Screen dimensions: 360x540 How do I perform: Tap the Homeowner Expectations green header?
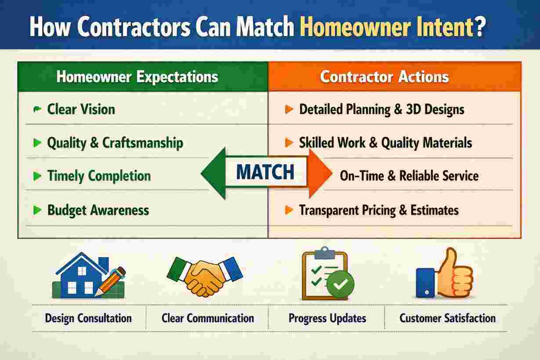138,77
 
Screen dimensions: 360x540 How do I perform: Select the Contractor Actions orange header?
384,77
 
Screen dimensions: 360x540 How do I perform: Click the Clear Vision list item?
81,109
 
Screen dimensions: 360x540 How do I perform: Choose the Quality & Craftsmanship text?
115,143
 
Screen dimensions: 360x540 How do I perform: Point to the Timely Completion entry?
98,176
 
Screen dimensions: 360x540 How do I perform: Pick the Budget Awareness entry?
98,210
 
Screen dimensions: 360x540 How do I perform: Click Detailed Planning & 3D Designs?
381,109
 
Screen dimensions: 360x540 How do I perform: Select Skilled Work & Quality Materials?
385,143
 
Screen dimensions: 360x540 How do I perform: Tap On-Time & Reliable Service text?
409,176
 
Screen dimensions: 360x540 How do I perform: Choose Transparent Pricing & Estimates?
379,210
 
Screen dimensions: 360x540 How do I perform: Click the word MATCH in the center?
265,173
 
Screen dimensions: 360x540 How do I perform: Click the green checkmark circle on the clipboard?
339,284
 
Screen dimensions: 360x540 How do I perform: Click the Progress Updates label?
327,318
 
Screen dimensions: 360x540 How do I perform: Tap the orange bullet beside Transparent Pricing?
289,210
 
